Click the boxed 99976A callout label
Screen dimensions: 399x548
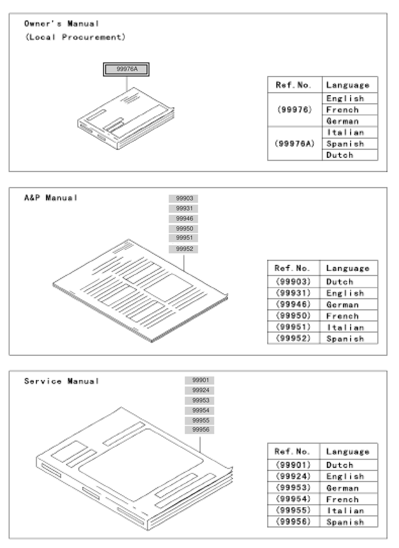coord(126,69)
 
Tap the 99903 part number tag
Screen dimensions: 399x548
coord(184,198)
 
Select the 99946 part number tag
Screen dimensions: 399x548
coord(184,219)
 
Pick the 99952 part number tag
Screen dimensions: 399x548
coord(184,249)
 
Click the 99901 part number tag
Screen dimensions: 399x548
coord(199,380)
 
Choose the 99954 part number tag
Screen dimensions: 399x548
coord(199,410)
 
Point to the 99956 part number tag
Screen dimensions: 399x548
coord(199,429)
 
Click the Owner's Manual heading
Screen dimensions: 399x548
coord(62,24)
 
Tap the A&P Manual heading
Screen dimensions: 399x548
coord(51,198)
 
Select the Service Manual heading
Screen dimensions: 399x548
coord(62,381)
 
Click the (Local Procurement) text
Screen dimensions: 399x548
coord(75,37)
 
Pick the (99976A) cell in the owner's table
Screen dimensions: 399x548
coord(295,144)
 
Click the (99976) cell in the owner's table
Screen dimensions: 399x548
coord(295,110)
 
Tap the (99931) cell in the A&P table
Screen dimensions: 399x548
coord(293,293)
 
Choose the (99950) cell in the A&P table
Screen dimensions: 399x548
coord(293,315)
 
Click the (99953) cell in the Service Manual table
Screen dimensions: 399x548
coord(293,487)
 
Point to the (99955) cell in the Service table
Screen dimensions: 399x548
coord(293,510)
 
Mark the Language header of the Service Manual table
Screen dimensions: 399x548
coord(347,452)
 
